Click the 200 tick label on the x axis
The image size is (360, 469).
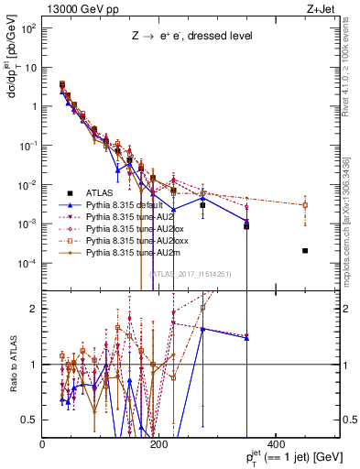point(158,444)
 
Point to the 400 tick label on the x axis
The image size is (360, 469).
point(276,444)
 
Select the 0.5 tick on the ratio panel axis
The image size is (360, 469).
point(33,420)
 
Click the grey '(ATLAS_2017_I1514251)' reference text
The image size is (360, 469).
point(190,273)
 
